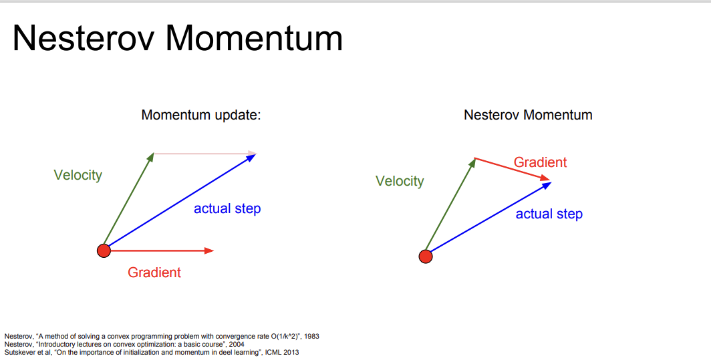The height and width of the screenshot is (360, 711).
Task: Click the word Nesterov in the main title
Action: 85,38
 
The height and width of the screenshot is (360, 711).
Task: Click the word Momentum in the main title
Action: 254,38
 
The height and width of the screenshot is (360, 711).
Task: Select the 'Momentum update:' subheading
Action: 201,115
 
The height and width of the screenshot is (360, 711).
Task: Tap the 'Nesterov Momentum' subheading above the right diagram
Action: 528,115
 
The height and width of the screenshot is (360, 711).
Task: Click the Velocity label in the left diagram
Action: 78,175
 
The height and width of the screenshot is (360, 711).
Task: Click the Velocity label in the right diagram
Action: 400,181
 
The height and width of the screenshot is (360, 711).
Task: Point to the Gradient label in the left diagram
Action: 154,272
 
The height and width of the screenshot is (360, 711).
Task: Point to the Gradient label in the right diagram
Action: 540,162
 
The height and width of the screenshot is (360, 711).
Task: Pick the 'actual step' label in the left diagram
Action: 227,208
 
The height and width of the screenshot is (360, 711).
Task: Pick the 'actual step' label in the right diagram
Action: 549,214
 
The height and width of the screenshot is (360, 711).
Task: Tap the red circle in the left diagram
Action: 104,250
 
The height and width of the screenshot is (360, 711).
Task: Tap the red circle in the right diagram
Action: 425,256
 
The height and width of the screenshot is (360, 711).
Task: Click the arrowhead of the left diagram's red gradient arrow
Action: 209,250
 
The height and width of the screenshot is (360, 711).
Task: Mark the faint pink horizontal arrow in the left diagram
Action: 205,153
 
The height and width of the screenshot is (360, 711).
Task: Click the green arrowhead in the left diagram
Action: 150,157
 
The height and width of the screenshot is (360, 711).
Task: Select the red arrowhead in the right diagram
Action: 545,178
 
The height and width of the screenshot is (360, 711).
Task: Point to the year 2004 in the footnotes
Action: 237,344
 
